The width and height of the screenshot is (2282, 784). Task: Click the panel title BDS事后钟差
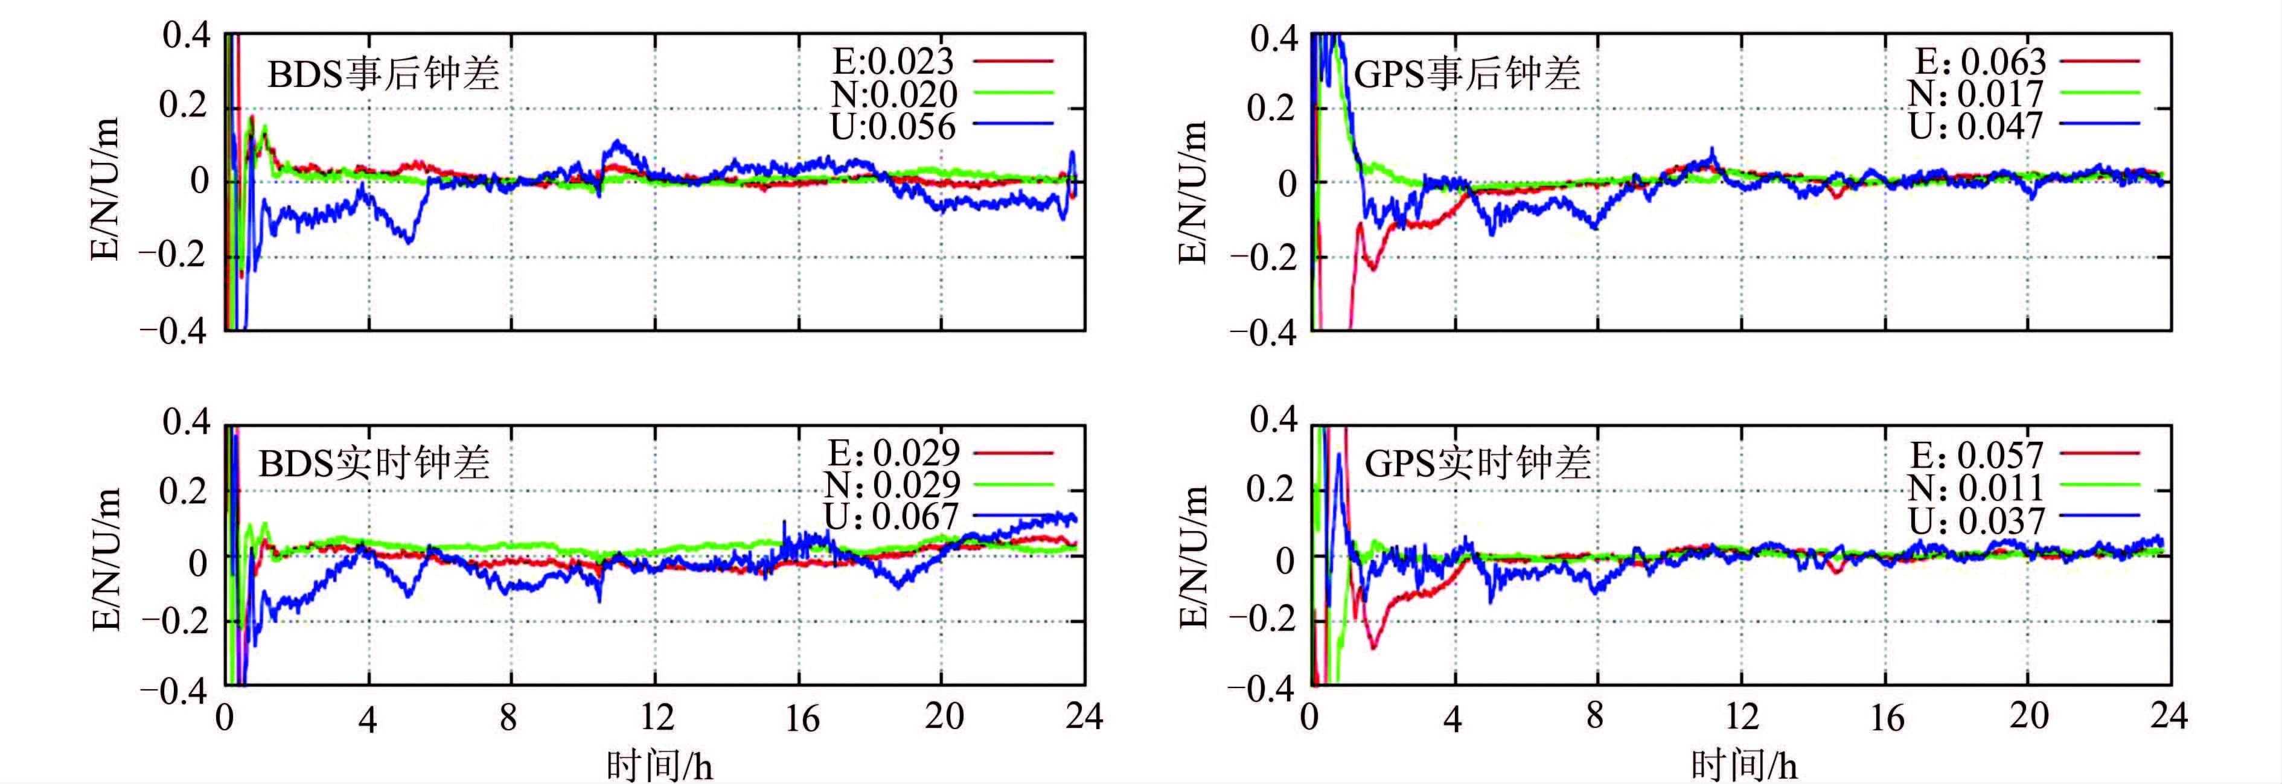pyautogui.click(x=383, y=74)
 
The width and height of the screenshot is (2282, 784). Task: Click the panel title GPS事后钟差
pyautogui.click(x=1467, y=74)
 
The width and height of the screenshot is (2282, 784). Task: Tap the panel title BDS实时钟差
pyautogui.click(x=374, y=464)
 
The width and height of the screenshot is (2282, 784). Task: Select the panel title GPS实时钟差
pyautogui.click(x=1478, y=464)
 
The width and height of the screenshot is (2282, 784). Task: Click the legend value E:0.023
pyautogui.click(x=893, y=61)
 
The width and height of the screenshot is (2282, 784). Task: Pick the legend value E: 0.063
pyautogui.click(x=1981, y=61)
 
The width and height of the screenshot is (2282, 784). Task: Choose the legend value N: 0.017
pyautogui.click(x=1975, y=93)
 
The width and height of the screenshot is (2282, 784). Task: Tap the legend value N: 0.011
pyautogui.click(x=1975, y=487)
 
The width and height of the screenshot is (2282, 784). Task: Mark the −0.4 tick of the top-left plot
pyautogui.click(x=173, y=331)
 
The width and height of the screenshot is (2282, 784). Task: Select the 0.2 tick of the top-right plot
pyautogui.click(x=1271, y=107)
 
